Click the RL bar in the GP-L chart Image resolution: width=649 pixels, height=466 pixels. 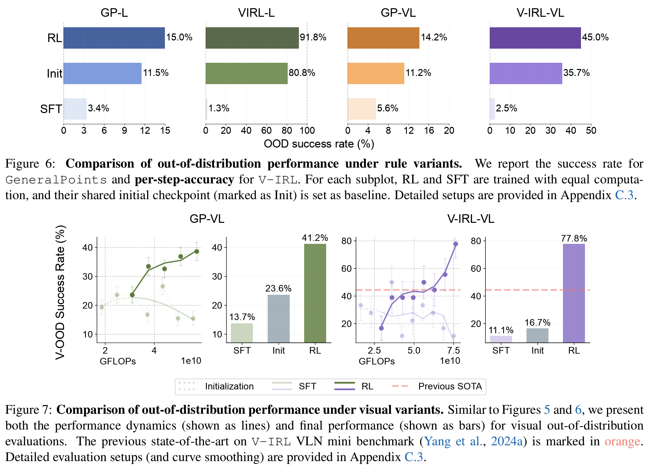click(114, 38)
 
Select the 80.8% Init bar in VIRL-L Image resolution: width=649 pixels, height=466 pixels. click(246, 73)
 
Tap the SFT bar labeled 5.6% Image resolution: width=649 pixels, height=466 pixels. click(362, 109)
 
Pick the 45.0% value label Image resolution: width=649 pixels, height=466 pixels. click(595, 37)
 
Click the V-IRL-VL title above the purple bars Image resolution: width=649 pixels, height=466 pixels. click(540, 13)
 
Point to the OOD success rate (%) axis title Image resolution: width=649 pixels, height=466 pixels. click(319, 144)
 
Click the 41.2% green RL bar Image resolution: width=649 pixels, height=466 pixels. click(315, 292)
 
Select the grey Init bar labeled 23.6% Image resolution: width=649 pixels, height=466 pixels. click(279, 318)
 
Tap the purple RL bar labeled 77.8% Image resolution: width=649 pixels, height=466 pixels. click(574, 292)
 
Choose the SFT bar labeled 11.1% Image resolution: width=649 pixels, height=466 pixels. click(501, 339)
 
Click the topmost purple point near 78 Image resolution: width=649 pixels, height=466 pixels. click(456, 244)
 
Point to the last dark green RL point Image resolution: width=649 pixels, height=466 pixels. click(197, 251)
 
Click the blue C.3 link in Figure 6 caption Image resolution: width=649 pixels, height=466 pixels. click(624, 195)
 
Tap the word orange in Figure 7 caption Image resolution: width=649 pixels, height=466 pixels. click(622, 441)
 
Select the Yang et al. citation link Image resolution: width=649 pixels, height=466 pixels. click(453, 441)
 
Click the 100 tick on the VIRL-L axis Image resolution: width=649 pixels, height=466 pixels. click(307, 131)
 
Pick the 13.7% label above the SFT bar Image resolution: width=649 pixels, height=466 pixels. click(242, 317)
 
